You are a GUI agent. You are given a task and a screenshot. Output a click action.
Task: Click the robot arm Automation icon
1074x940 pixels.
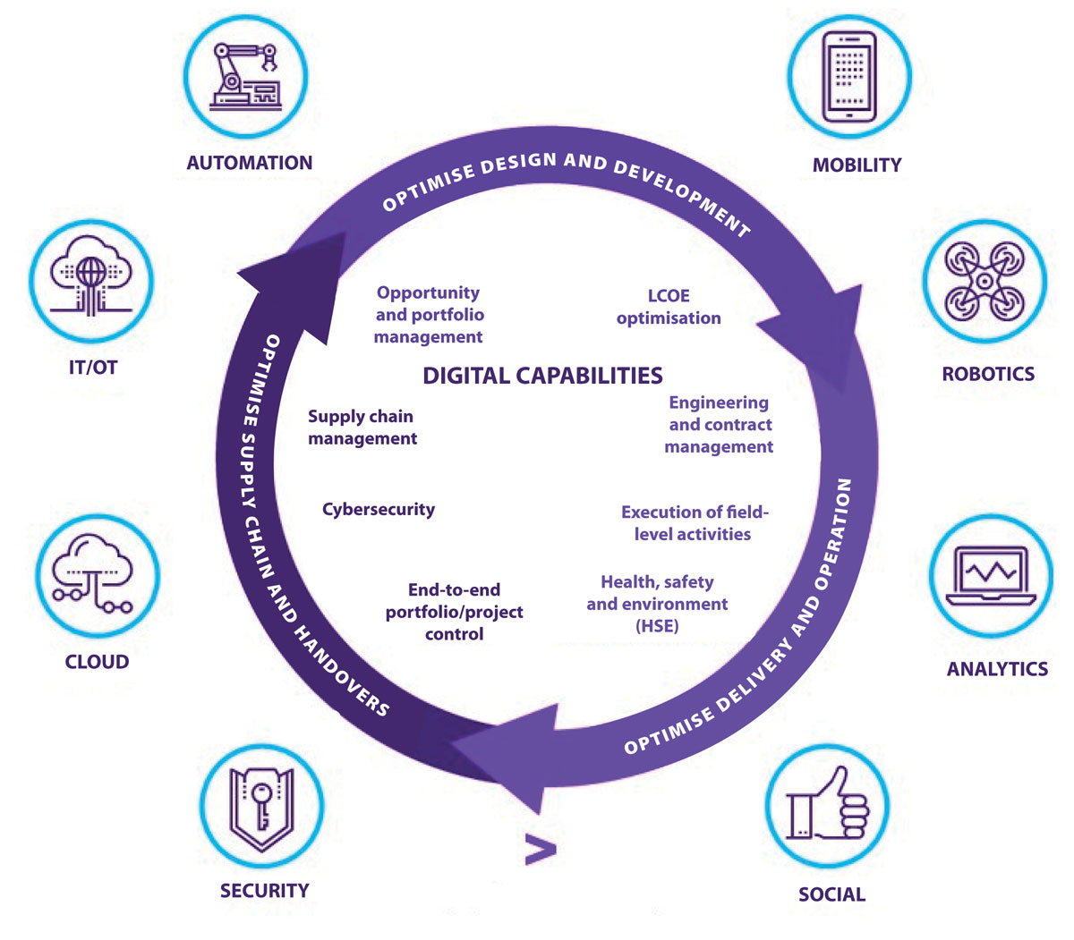point(245,77)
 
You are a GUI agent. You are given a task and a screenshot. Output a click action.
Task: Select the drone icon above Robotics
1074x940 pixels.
point(984,280)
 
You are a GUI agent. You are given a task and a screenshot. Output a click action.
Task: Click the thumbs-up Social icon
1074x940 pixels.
point(828,806)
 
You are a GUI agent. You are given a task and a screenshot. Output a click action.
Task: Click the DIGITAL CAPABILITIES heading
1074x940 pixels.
point(542,376)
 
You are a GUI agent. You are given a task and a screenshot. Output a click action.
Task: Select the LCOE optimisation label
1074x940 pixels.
point(669,307)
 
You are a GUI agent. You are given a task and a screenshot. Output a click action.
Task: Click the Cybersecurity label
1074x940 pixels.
point(379,510)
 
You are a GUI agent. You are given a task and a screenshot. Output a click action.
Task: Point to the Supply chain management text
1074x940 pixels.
point(362,428)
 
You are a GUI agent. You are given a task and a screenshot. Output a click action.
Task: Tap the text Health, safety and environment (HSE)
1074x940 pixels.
point(657,604)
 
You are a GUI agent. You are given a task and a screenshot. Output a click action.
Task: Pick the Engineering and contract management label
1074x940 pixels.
point(719,425)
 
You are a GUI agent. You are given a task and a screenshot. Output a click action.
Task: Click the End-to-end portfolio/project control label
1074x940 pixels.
point(454,612)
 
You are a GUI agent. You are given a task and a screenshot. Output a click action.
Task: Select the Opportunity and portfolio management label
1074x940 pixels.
point(429,315)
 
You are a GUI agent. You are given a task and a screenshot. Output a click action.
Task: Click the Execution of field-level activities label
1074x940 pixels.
point(694,523)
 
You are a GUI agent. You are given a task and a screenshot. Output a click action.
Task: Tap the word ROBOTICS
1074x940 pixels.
point(988,375)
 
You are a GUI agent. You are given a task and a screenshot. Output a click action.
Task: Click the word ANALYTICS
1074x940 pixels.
point(997,669)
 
